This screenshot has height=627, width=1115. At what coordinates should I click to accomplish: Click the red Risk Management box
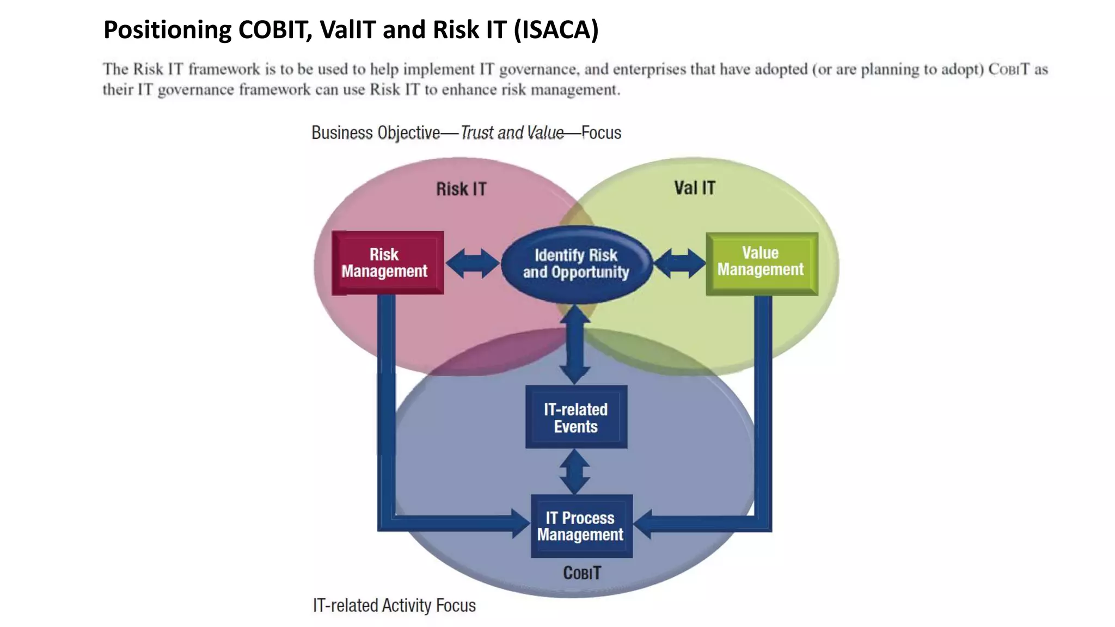pyautogui.click(x=387, y=263)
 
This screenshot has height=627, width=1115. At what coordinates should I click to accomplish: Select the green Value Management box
pyautogui.click(x=761, y=263)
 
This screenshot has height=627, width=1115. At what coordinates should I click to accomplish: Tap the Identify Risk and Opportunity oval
pyautogui.click(x=576, y=264)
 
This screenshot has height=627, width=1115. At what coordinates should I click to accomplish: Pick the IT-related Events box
pyautogui.click(x=576, y=417)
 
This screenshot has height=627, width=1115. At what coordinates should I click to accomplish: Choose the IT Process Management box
pyautogui.click(x=581, y=526)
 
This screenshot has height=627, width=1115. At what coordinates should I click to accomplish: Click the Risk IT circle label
pyautogui.click(x=461, y=189)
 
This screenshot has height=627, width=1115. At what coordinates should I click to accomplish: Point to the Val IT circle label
pyautogui.click(x=695, y=188)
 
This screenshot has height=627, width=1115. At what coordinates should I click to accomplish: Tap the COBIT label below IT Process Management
pyautogui.click(x=582, y=573)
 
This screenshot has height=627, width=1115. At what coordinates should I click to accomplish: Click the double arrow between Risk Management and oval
pyautogui.click(x=472, y=263)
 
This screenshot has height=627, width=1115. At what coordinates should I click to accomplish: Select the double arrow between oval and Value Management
pyautogui.click(x=679, y=263)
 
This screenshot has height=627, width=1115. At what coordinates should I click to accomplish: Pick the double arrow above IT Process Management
pyautogui.click(x=575, y=471)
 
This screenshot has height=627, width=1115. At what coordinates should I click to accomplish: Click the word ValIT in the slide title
pyautogui.click(x=348, y=29)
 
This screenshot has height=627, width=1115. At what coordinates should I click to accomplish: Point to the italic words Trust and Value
pyautogui.click(x=512, y=133)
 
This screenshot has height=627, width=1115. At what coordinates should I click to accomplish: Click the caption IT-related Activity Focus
pyautogui.click(x=394, y=605)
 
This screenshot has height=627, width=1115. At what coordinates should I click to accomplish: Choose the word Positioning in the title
pyautogui.click(x=167, y=29)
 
